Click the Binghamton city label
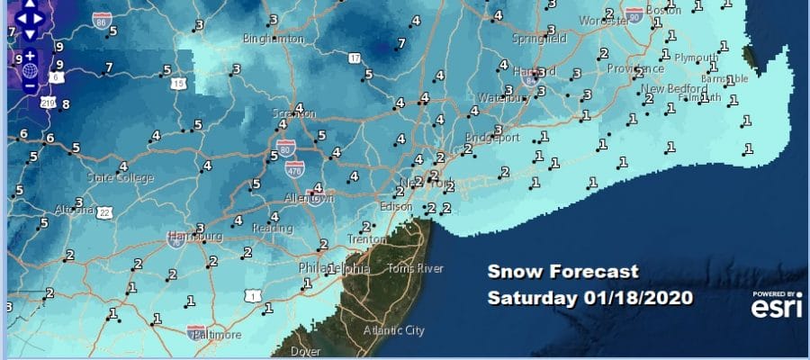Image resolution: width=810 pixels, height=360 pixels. coord(274,40)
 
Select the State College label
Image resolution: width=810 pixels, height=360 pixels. coord(120,178)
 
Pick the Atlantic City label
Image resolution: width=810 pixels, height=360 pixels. coord(392,330)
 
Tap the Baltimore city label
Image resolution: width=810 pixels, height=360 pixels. coord(216,335)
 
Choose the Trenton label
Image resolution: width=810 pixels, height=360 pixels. coord(366,239)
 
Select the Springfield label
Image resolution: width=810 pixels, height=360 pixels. coord(514,40)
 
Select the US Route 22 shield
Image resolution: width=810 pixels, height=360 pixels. coord(105,212)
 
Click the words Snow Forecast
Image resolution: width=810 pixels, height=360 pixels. coord(562,272)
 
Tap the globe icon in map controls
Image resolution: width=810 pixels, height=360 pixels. coord(30,70)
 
